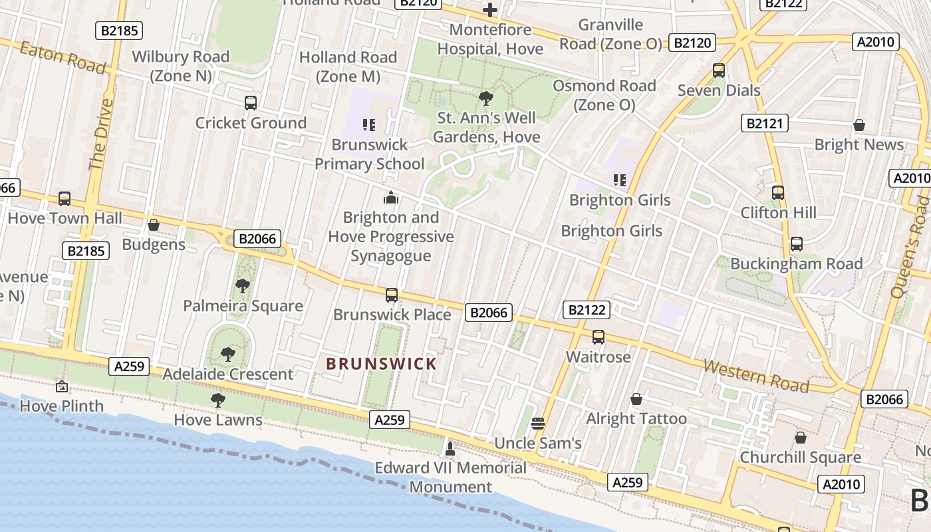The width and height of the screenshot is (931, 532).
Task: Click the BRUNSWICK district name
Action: (381, 364)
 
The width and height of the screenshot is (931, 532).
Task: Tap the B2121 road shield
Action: (765, 123)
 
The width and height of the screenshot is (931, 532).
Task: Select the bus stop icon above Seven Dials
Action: (718, 70)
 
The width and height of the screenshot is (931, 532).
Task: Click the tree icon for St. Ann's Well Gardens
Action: (486, 99)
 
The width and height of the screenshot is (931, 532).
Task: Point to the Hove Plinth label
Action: (62, 406)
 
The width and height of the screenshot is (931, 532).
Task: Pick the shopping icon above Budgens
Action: (154, 225)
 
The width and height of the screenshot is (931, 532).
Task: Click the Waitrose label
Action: (598, 357)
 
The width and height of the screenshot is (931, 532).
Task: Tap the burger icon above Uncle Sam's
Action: (538, 424)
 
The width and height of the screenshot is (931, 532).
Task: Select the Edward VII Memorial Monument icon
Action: (450, 448)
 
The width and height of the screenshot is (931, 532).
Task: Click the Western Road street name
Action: (756, 376)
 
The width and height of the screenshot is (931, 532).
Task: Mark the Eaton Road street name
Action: (63, 57)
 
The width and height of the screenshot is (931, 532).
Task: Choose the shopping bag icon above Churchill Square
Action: (801, 438)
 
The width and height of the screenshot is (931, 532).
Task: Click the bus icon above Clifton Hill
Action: (778, 193)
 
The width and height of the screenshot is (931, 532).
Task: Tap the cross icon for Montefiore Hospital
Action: (490, 10)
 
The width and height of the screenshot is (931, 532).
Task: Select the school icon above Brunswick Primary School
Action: (369, 124)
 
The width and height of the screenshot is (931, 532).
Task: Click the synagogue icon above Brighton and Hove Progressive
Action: (391, 198)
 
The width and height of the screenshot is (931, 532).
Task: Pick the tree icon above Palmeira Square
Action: (243, 286)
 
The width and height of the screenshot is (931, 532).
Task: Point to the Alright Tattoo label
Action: (636, 418)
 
